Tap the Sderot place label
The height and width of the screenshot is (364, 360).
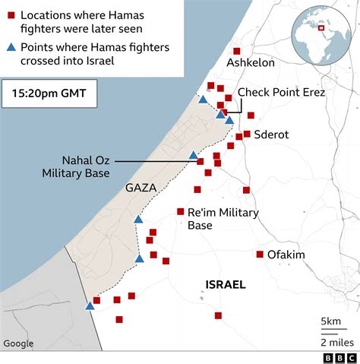[271, 135]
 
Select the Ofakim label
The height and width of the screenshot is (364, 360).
[286, 255]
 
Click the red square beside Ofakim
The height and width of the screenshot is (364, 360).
[260, 255]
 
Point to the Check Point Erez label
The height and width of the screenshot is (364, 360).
[281, 92]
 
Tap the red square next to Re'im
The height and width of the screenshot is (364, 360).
[181, 211]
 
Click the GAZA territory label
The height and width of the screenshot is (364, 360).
[141, 187]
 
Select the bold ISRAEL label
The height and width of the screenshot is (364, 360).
[226, 285]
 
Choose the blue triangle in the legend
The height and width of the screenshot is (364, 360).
[11, 48]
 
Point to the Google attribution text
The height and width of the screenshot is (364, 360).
[18, 343]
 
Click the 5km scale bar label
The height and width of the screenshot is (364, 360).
[330, 321]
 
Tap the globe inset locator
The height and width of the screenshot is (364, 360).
[319, 29]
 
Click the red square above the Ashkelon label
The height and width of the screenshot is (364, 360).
[236, 50]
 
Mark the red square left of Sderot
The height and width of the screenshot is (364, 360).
[247, 134]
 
